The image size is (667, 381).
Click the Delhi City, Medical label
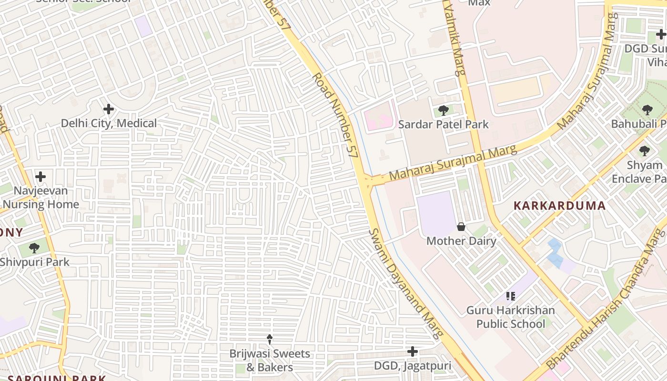[x=109, y=123]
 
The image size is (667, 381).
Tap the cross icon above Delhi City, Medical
[x=109, y=109]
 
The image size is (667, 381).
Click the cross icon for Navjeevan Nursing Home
[x=40, y=177]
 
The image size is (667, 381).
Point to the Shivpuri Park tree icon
[x=34, y=248]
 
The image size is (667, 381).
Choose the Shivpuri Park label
[x=34, y=262]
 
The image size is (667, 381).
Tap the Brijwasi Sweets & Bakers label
[x=270, y=361]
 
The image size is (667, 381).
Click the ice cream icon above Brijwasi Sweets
[x=270, y=339]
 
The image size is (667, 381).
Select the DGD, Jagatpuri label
[x=413, y=366]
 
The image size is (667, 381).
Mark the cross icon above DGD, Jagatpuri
[x=413, y=351]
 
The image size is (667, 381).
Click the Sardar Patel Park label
[x=444, y=125]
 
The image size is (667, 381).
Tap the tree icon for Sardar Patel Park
[x=444, y=110]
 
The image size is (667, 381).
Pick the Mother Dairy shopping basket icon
[x=461, y=227]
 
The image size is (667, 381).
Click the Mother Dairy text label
[x=461, y=241]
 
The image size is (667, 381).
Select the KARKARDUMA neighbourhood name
[x=559, y=206]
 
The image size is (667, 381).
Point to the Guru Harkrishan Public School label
[x=511, y=317]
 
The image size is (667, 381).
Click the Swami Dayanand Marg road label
[x=405, y=284]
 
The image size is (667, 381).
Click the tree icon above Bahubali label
[x=647, y=110]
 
